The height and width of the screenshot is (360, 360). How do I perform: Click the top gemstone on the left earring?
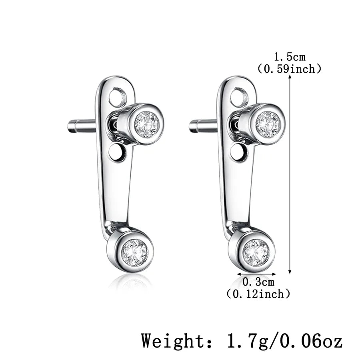tap(147, 124)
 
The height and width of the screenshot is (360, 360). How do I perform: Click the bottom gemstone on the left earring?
tap(134, 252)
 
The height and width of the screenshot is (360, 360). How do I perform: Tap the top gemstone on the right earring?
tap(268, 124)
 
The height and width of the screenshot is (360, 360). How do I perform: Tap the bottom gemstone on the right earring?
tap(256, 252)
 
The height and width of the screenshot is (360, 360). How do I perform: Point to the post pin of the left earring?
tap(82, 126)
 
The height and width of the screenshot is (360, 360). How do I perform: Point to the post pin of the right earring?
tap(203, 126)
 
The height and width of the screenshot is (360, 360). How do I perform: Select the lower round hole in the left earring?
tap(117, 152)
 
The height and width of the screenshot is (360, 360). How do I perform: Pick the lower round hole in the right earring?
tap(239, 152)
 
